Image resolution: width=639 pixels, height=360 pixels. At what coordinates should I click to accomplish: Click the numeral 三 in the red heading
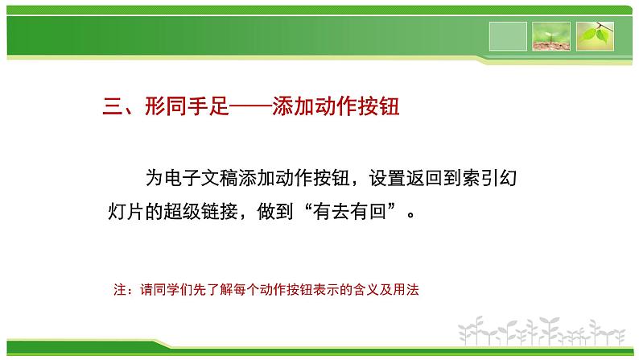[113, 106]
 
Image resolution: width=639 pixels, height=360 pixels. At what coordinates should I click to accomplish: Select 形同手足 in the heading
[187, 106]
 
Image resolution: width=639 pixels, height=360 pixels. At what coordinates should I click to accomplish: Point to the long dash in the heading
[250, 107]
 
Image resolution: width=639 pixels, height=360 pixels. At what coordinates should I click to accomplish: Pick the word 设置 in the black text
[387, 178]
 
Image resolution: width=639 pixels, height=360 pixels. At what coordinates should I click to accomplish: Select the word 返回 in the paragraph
[424, 178]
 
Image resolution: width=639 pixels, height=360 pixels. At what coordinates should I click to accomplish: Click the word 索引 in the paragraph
[480, 178]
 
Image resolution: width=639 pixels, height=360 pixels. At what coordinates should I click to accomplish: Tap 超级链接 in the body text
[200, 211]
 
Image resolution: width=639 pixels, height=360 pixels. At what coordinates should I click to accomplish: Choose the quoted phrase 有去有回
[349, 211]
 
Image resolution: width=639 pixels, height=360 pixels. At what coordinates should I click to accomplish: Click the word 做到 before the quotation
[275, 211]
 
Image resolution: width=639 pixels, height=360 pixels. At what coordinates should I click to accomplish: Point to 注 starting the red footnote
[120, 289]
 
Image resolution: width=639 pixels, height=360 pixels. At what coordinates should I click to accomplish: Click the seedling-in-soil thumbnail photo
[551, 36]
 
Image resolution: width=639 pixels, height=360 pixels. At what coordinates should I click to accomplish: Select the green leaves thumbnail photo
[595, 36]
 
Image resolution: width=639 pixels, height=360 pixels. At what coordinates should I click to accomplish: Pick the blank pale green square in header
[508, 36]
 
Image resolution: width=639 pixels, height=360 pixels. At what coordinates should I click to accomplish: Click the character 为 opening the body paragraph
[155, 178]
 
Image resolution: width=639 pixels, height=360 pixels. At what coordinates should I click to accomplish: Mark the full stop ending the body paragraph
[411, 215]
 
